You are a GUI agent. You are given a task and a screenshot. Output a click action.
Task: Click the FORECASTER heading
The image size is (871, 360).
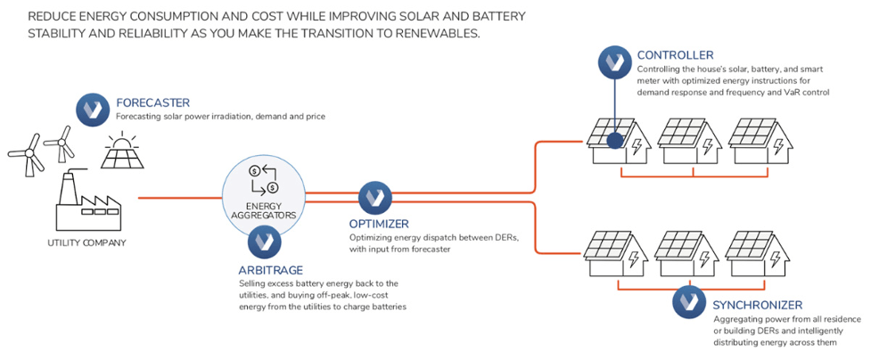coord(152,102)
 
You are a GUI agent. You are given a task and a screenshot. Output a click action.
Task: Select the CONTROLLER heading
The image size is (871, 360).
coord(676,55)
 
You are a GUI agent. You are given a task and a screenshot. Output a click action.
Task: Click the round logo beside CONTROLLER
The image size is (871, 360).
coord(614,61)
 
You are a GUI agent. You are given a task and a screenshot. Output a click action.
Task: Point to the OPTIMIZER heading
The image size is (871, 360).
coord(379,225)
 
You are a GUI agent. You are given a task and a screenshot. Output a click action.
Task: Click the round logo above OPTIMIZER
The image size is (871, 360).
coord(375,198)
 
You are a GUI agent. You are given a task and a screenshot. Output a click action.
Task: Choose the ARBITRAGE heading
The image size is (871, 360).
coord(270,271)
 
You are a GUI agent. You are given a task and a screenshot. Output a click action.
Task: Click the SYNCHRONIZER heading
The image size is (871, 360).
coord(757,306)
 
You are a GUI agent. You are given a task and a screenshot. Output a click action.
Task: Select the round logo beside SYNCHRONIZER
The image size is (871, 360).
coord(689,303)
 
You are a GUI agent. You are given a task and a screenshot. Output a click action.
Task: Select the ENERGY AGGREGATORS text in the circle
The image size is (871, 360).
coord(264,209)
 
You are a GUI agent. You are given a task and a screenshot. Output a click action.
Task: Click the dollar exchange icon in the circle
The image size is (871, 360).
coord(264,178)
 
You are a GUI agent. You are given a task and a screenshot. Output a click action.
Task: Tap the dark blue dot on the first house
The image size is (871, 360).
coord(614,141)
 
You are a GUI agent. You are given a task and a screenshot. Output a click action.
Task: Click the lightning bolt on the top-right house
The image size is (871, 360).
coord(777,145)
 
